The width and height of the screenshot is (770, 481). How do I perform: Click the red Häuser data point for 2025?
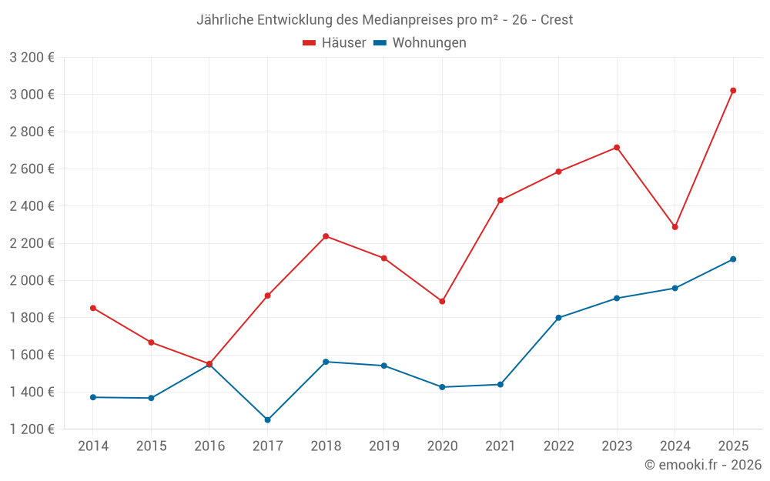[733, 91]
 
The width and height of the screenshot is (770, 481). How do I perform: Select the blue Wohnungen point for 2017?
[267, 420]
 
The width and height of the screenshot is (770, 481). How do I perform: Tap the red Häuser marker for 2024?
[675, 227]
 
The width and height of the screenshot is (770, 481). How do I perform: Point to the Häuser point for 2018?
[326, 236]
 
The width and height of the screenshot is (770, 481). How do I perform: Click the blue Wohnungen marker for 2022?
[558, 318]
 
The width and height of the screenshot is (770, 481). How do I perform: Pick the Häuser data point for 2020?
[442, 302]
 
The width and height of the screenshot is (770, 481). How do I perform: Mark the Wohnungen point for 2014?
[93, 397]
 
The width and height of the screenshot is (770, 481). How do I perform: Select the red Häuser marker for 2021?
[500, 200]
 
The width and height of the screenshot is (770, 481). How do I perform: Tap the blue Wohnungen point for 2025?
[733, 259]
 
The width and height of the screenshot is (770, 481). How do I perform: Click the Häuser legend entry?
[334, 43]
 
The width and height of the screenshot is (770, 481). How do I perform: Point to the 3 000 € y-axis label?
[32, 95]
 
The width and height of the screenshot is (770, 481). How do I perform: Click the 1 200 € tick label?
[32, 429]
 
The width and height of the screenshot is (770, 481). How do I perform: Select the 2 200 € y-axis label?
[32, 243]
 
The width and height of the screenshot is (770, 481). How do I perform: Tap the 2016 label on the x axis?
[209, 446]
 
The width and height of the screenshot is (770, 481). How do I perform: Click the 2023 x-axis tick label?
[617, 446]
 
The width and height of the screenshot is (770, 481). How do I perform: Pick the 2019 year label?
[383, 446]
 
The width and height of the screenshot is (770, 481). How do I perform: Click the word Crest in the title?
[557, 20]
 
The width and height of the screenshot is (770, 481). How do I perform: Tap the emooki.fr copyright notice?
[703, 465]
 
